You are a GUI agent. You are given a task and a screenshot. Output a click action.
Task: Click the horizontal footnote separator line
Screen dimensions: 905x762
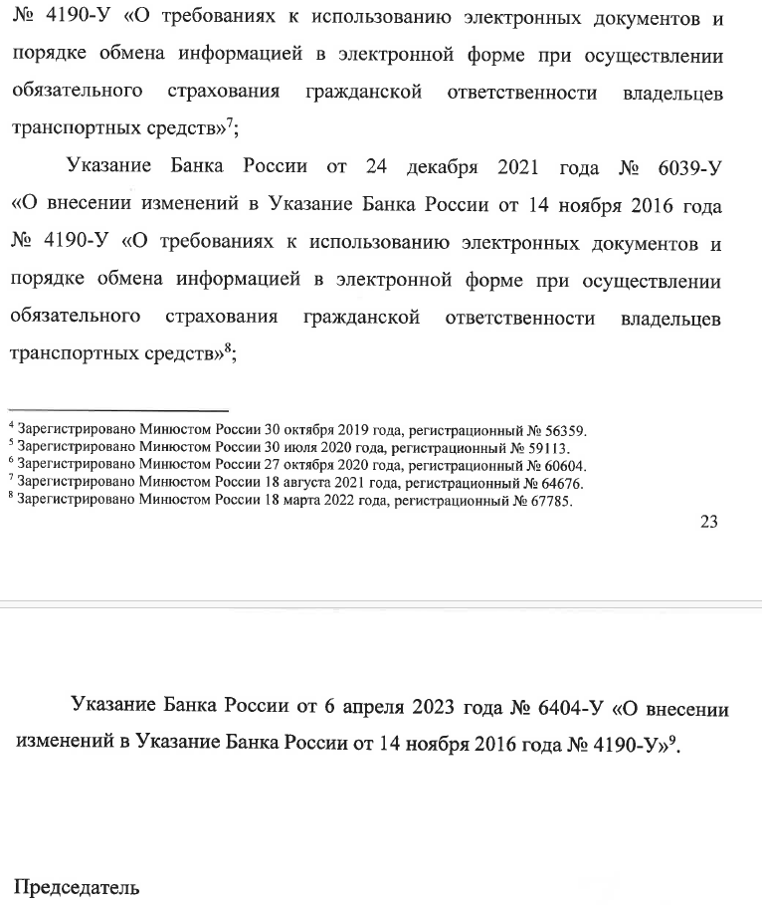coord(118,410)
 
